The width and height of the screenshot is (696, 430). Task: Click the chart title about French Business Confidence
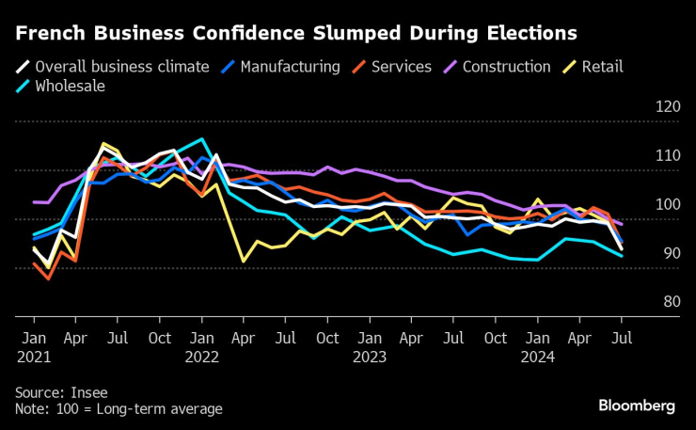click(296, 34)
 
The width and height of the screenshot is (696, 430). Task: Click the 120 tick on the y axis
click(666, 107)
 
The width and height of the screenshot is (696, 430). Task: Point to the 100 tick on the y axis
click(666, 205)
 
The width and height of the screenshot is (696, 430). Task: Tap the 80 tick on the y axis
click(666, 303)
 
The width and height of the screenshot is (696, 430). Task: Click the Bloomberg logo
click(637, 406)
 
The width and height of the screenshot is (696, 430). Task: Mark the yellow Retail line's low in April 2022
click(244, 261)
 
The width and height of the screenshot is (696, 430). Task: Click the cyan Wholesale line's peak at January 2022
click(201, 139)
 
